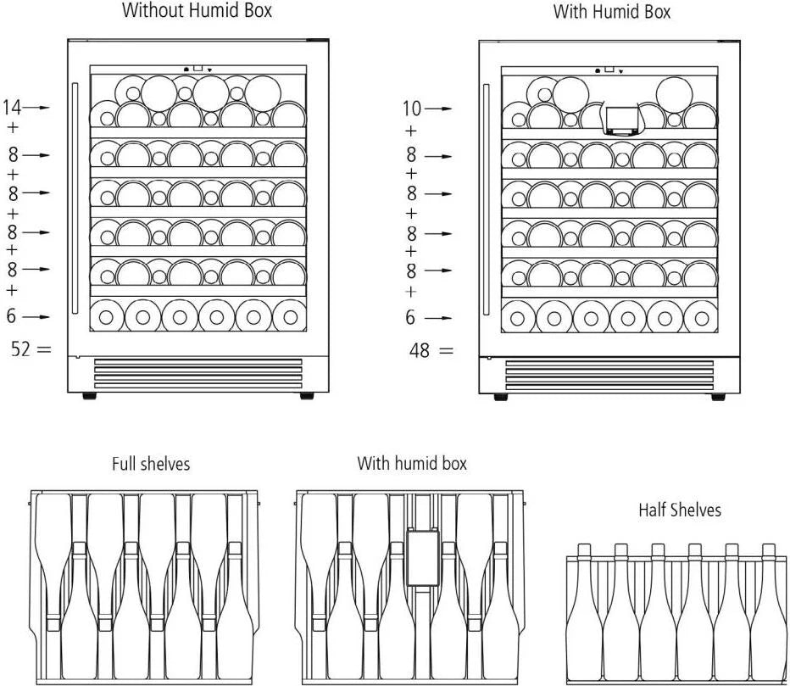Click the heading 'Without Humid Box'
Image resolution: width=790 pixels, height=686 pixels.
click(197, 11)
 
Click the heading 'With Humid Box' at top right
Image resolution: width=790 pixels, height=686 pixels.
click(611, 12)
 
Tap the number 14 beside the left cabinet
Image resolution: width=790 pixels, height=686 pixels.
click(12, 108)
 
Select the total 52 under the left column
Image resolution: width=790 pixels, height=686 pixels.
click(20, 348)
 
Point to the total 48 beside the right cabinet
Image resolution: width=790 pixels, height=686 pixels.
click(419, 349)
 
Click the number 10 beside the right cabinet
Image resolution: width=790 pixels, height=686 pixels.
click(411, 109)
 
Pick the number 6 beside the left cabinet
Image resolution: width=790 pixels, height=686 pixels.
click(11, 316)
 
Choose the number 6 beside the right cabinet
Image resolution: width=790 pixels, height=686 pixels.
click(411, 318)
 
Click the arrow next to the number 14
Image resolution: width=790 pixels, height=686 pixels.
click(37, 108)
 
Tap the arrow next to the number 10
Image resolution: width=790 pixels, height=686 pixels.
click(438, 109)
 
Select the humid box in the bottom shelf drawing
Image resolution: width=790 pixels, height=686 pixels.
click(422, 557)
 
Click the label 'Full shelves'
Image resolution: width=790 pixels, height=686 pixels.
click(151, 464)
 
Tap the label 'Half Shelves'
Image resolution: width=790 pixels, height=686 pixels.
click(679, 510)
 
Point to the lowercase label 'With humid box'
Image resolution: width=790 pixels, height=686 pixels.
click(411, 463)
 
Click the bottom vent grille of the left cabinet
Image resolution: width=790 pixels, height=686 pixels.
click(197, 373)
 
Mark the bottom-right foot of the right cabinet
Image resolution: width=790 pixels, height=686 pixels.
click(718, 397)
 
